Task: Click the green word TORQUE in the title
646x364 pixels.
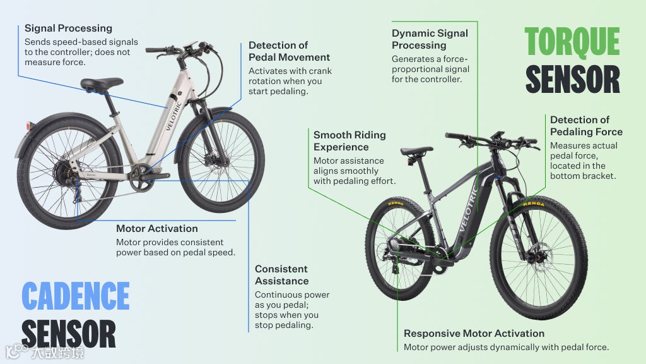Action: pos(572,42)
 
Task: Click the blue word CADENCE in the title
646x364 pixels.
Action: pos(75,296)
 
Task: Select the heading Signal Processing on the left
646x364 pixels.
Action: pos(68,28)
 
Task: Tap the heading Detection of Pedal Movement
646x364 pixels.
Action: pos(278,51)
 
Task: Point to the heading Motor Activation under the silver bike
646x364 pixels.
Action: pos(156,229)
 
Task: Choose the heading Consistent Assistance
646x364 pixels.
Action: pos(281,275)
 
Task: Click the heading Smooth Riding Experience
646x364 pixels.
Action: pos(349,141)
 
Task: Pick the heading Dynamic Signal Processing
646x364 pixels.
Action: pos(430,39)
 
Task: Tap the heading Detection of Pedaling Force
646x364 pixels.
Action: pos(586,126)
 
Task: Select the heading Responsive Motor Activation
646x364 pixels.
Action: pos(474,333)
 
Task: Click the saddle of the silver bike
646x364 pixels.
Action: pos(101,83)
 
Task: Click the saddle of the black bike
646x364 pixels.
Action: pos(416,152)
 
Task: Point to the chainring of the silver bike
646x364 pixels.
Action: pos(143,173)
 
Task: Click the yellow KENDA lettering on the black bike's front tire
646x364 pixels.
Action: pos(534,203)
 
